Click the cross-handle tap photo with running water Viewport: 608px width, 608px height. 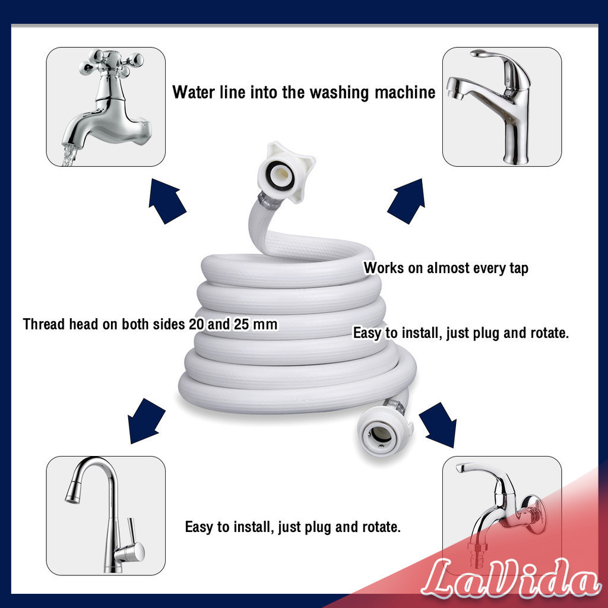click(x=106, y=107)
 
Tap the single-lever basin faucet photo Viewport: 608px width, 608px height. click(x=502, y=107)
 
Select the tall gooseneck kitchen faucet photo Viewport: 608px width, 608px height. click(x=106, y=515)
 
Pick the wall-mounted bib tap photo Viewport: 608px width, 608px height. click(x=502, y=515)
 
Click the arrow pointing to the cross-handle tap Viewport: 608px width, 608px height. click(x=167, y=201)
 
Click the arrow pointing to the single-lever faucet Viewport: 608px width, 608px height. click(x=406, y=201)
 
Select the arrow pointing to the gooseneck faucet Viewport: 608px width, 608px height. click(x=145, y=421)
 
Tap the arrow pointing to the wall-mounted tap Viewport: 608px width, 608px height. click(x=438, y=424)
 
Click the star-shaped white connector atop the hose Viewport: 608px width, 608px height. click(x=286, y=172)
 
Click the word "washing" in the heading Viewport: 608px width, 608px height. click(x=339, y=93)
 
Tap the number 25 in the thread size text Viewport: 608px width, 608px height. click(x=241, y=325)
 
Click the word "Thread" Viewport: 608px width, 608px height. click(x=44, y=324)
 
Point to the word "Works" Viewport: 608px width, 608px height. click(x=384, y=268)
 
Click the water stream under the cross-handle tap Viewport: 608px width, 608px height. click(x=69, y=155)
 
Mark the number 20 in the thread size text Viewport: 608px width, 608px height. click(x=197, y=325)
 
